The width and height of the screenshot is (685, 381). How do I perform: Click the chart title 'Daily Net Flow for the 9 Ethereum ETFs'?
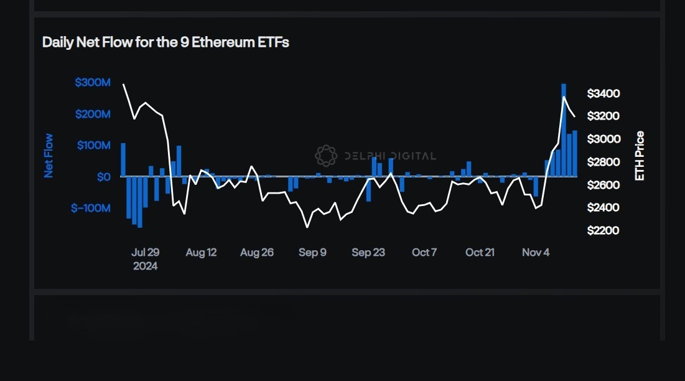pos(165,42)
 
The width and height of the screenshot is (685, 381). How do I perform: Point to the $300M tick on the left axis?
pos(92,83)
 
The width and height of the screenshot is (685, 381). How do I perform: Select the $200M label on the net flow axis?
pos(92,114)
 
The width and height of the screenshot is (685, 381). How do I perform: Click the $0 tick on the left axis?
pos(103,177)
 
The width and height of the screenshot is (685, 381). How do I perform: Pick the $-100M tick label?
pos(90,208)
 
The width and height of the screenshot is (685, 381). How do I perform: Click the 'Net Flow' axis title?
pos(49,156)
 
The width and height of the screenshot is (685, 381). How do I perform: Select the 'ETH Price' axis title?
pos(639,156)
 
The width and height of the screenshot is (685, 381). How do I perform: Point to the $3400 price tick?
pos(603,93)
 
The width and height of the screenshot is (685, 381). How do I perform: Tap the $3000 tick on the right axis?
pos(603,139)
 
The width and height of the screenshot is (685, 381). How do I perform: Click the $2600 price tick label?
pos(603,185)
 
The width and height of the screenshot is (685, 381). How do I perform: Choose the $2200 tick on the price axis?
pos(603,230)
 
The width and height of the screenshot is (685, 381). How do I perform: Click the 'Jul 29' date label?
pos(145,252)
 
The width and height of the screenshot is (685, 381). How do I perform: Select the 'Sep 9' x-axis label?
pos(312,252)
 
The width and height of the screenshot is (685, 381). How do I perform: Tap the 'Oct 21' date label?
pos(480,252)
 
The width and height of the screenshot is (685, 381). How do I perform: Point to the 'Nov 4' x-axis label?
pos(536,252)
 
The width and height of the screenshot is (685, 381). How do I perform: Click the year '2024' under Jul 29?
pos(145,266)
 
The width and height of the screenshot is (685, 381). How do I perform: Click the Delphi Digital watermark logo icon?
pos(326,156)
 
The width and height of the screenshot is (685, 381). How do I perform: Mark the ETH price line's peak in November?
pos(564,97)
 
